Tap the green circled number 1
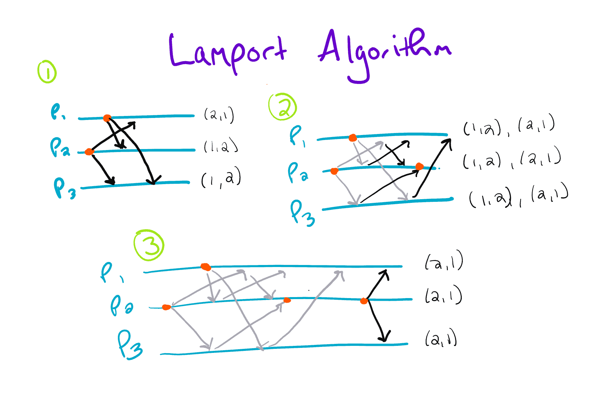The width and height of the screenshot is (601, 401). [47, 72]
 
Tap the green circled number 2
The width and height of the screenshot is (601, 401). [282, 107]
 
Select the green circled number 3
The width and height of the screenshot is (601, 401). [149, 245]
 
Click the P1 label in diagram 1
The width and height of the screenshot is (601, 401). [57, 112]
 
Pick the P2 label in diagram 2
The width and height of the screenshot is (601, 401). [297, 173]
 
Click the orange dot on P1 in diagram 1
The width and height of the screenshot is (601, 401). [107, 118]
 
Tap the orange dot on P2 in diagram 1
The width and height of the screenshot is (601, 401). [89, 152]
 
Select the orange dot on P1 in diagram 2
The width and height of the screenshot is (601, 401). [353, 138]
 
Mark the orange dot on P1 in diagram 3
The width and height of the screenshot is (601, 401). [206, 267]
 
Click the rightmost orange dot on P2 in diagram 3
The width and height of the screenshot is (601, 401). [364, 301]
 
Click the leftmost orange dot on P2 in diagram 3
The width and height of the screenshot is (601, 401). [166, 307]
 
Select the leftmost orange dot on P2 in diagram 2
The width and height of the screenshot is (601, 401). [334, 171]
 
